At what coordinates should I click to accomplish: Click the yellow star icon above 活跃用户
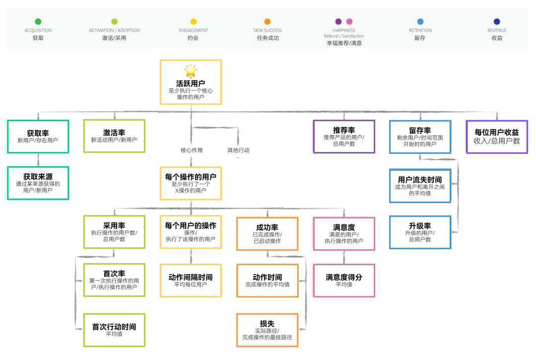click(191, 71)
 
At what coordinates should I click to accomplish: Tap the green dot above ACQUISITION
click(38, 21)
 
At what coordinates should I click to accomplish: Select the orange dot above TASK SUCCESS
click(268, 21)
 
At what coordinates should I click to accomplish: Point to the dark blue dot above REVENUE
click(497, 21)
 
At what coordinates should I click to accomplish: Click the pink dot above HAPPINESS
click(349, 21)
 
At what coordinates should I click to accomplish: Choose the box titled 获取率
click(38, 137)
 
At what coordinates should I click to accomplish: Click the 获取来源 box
click(38, 183)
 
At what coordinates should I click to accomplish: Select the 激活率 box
click(114, 136)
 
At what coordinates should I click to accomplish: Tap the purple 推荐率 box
click(344, 137)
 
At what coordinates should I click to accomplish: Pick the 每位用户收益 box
click(497, 137)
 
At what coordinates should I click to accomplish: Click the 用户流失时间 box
click(420, 186)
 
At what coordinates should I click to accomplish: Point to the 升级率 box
click(420, 232)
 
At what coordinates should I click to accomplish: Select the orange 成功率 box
click(268, 233)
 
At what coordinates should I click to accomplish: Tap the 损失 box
click(268, 330)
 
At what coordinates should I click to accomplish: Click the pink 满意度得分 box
click(344, 281)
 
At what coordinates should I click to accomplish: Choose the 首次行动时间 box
click(114, 330)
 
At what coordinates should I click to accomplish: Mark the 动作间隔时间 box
click(191, 281)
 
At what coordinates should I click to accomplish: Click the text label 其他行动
click(238, 150)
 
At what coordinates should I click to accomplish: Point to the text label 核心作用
click(191, 150)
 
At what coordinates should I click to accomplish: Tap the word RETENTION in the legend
click(420, 30)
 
